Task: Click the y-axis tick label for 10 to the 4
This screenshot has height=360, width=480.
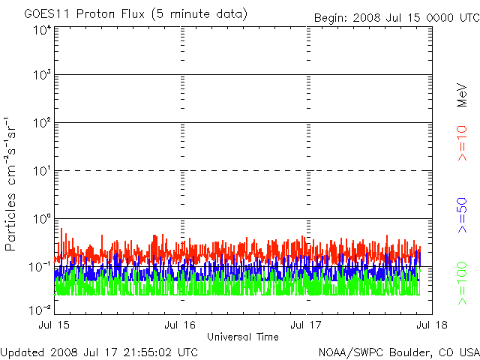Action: click(x=41, y=30)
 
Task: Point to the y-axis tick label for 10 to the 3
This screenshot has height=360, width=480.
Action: click(x=41, y=75)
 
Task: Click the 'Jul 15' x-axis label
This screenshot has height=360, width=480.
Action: click(x=55, y=325)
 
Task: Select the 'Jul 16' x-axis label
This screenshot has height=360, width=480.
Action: click(x=181, y=325)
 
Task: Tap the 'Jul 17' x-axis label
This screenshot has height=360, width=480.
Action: click(x=307, y=325)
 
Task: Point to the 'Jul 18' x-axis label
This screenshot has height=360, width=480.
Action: click(x=432, y=325)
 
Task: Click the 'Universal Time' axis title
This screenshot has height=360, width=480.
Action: click(x=243, y=337)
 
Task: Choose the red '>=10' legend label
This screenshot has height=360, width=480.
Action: click(x=462, y=142)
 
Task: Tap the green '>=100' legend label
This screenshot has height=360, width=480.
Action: click(x=462, y=284)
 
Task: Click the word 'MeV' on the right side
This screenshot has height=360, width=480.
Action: click(x=462, y=95)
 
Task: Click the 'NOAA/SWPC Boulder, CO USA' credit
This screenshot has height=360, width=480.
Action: click(x=398, y=352)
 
